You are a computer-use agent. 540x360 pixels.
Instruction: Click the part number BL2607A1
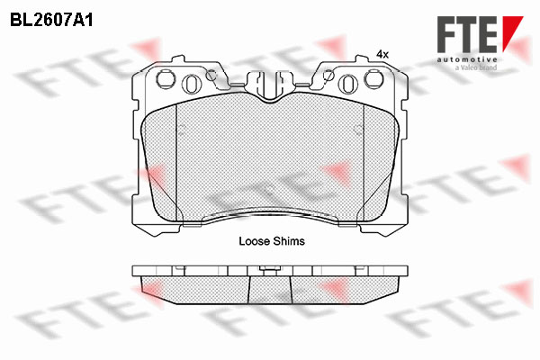pyautogui.click(x=51, y=21)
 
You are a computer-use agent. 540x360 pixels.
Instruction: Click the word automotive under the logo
pyautogui.click(x=467, y=59)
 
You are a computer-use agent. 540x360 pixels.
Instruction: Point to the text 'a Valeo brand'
pyautogui.click(x=476, y=67)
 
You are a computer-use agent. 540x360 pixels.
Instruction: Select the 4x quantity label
pyautogui.click(x=382, y=54)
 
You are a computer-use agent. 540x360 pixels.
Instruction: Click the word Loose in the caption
pyautogui.click(x=254, y=241)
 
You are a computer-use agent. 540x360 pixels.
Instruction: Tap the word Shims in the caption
pyautogui.click(x=289, y=241)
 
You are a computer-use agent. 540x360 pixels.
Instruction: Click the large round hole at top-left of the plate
pyautogui.click(x=166, y=79)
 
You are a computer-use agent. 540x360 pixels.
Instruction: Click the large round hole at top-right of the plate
pyautogui.click(x=373, y=79)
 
